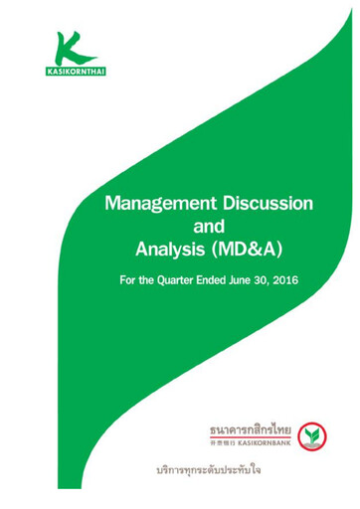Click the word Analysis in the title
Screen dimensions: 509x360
[170, 248]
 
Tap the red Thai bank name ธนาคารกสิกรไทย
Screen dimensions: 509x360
[249, 428]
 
